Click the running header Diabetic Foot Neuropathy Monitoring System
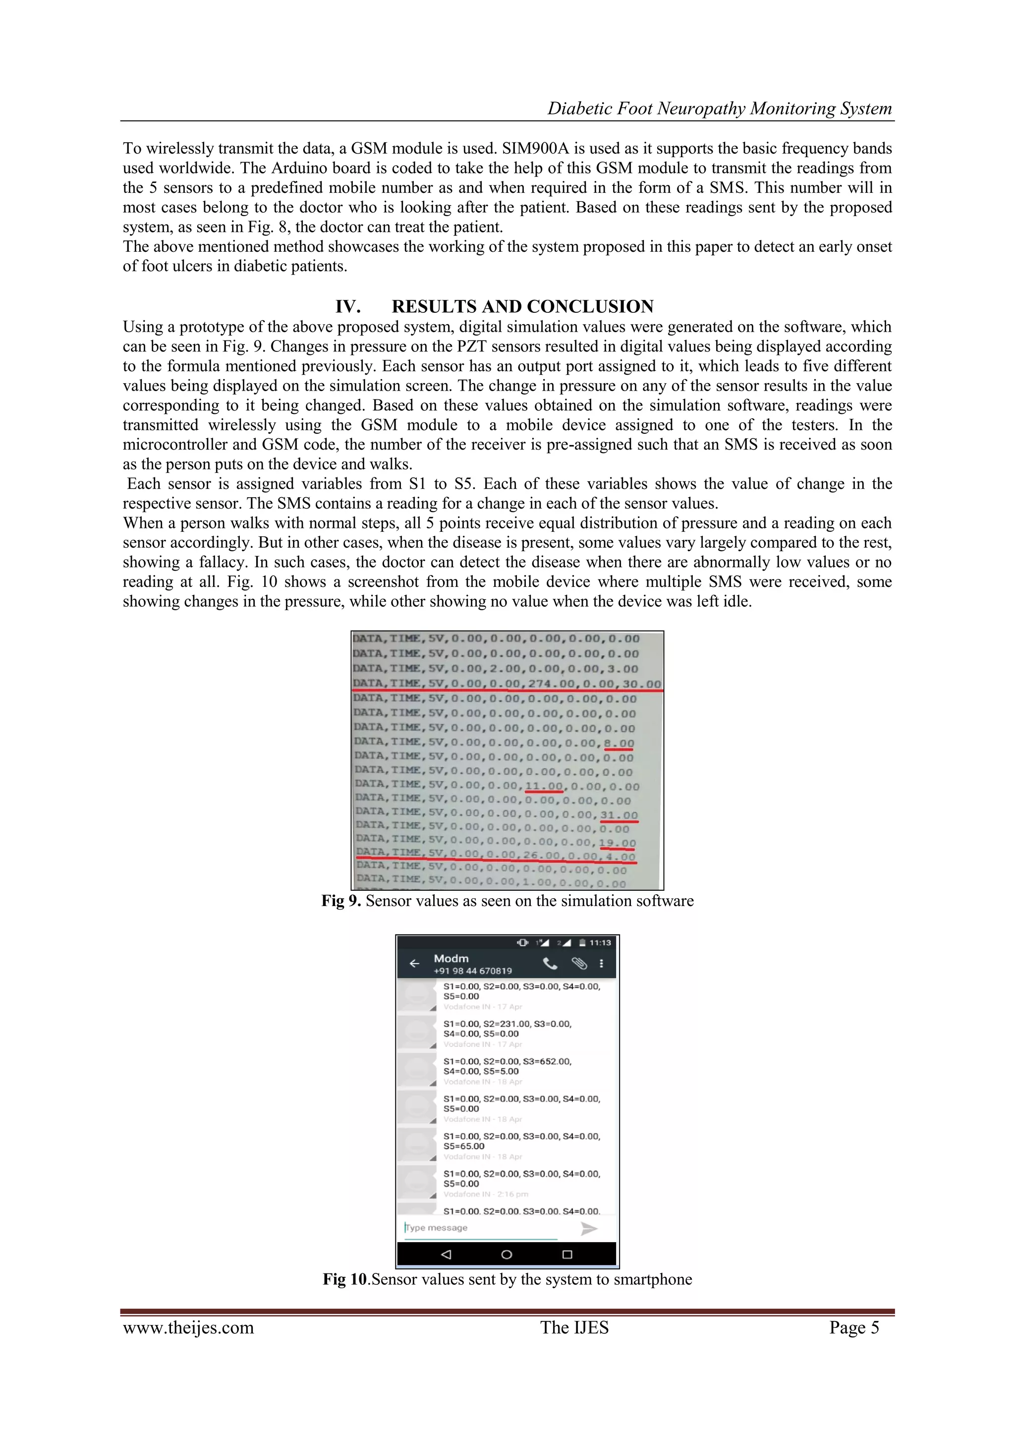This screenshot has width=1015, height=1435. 720,109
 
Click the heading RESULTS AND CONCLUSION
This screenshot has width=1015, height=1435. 522,306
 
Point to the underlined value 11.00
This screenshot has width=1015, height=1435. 544,786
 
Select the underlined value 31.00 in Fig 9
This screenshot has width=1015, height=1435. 619,815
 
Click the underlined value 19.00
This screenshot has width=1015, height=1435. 617,843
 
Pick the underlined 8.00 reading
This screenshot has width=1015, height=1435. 619,743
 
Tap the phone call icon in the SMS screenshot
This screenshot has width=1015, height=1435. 550,963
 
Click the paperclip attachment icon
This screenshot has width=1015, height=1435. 579,963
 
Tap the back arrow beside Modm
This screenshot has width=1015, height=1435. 414,963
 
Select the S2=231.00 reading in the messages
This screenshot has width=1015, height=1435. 506,1024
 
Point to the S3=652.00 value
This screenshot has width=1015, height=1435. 547,1061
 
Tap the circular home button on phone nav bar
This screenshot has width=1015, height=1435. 507,1255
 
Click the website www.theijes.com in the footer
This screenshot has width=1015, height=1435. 188,1327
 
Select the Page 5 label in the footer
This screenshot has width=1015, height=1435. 854,1327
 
